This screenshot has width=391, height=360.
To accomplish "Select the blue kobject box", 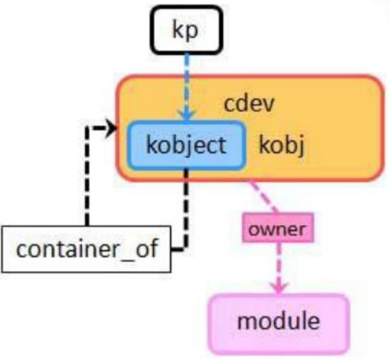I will pyautogui.click(x=186, y=146).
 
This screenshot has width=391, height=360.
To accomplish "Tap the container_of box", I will pyautogui.click(x=86, y=249).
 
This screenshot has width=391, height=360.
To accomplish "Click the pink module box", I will pyautogui.click(x=278, y=319).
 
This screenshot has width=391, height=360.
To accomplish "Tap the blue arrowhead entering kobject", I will pyautogui.click(x=185, y=116).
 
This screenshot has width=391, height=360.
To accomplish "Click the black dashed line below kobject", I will pyautogui.click(x=186, y=205).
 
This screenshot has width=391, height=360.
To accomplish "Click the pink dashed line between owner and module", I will pyautogui.click(x=278, y=263).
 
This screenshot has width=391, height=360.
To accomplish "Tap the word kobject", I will pyautogui.click(x=186, y=146).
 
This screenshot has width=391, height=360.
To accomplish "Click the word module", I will pyautogui.click(x=278, y=319).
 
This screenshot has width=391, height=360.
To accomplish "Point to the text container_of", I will pyautogui.click(x=86, y=249).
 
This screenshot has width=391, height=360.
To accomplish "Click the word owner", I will pyautogui.click(x=278, y=229).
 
